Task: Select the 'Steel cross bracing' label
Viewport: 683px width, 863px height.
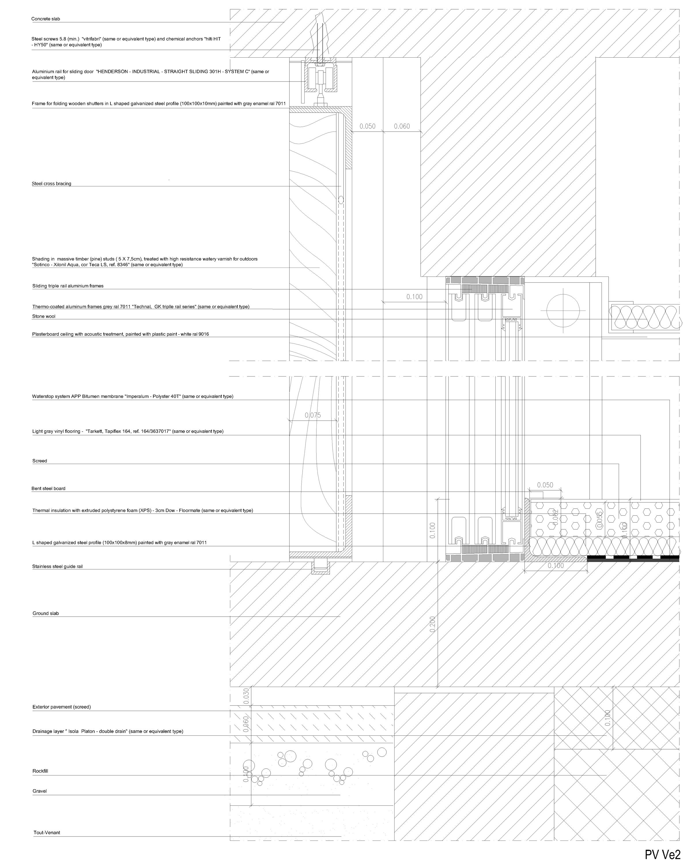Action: pos(52,184)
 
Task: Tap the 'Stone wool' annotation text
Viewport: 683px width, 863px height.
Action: pos(44,316)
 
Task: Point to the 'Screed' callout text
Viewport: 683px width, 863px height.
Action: pos(39,461)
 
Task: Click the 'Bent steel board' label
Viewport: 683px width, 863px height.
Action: pos(48,489)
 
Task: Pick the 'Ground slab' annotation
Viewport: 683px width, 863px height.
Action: pos(46,613)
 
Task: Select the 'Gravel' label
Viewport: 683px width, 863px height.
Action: pos(39,791)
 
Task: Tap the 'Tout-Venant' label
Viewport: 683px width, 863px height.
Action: pos(47,833)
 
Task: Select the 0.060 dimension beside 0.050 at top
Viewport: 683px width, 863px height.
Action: pos(402,126)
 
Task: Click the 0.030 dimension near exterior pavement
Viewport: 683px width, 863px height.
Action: pos(246,696)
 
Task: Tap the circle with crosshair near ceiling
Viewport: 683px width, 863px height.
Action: pos(563,311)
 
